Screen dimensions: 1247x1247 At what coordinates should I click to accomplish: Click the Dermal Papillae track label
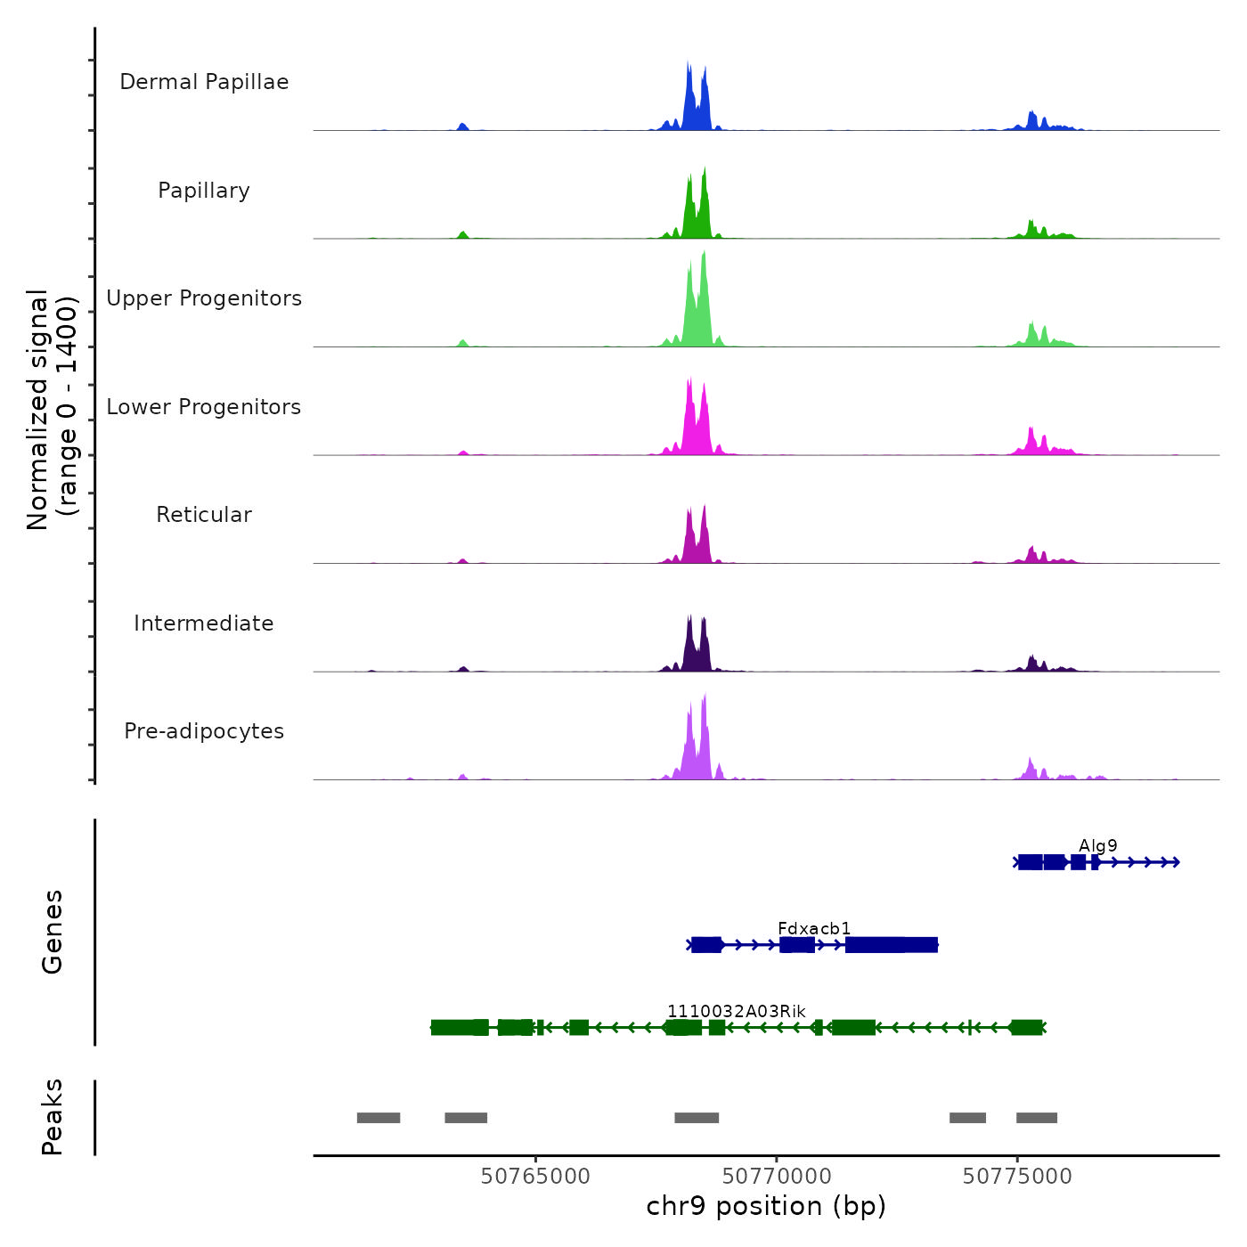(x=204, y=82)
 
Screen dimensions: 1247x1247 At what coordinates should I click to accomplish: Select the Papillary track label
(x=204, y=191)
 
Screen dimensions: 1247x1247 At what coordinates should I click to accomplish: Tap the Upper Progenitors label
(x=204, y=298)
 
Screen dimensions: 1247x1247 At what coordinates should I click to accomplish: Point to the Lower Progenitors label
(x=204, y=407)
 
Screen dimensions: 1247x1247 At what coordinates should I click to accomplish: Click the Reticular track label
(x=204, y=515)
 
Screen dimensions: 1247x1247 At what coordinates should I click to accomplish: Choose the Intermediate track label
(x=204, y=623)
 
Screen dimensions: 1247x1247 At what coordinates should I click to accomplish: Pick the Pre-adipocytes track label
(x=204, y=731)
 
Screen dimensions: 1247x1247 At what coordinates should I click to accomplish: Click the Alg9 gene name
(x=1097, y=845)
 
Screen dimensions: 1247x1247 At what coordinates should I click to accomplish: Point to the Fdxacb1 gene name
(x=814, y=929)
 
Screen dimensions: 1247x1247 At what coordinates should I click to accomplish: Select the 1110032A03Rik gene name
(x=737, y=1011)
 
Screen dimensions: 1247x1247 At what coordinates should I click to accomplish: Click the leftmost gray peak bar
(x=379, y=1118)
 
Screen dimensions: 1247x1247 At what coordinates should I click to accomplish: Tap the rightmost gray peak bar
(x=1037, y=1118)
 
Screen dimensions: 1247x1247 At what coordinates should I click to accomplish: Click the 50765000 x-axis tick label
(x=535, y=1177)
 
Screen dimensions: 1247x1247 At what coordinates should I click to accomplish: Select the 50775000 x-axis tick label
(x=1017, y=1177)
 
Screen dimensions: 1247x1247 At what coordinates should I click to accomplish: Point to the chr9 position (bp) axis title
(x=766, y=1207)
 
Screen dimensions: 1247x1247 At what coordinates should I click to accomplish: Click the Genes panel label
(x=53, y=932)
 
